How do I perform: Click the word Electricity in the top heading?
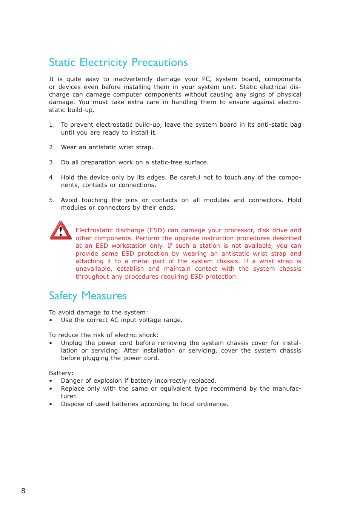[103, 63]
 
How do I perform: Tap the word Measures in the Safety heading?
[104, 296]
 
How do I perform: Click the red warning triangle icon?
[60, 230]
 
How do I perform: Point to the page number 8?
[23, 491]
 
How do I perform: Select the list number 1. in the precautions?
[52, 125]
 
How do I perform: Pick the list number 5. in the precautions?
[52, 200]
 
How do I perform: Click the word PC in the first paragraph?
[206, 79]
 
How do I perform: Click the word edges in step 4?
[156, 178]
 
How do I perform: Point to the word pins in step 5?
[131, 200]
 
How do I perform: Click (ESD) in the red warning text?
[156, 230]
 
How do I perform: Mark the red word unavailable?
[94, 269]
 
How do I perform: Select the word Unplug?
[71, 343]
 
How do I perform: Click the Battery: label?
[61, 373]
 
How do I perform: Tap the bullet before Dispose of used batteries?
[51, 404]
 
